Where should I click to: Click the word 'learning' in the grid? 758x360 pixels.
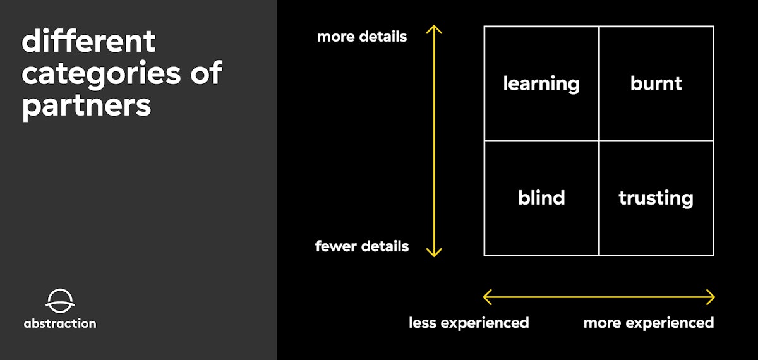coord(541,84)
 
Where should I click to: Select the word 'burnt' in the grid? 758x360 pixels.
coord(656,83)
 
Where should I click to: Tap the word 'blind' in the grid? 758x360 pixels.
coord(541,198)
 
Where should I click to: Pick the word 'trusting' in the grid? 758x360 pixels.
coord(656,198)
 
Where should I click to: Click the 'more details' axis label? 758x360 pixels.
coord(362,37)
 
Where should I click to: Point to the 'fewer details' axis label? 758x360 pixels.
coord(362,246)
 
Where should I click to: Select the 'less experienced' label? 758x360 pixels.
coord(469,323)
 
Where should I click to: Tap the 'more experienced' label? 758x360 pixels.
coord(648,323)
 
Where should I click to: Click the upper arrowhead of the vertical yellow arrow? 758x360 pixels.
coord(433,28)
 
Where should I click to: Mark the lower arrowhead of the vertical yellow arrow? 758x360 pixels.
coord(433,253)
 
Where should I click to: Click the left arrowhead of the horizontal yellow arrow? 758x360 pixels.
coord(487,297)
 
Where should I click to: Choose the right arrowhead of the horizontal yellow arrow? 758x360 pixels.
coord(711,297)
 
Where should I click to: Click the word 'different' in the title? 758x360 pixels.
coord(88,42)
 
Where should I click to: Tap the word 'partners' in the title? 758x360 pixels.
coord(87,105)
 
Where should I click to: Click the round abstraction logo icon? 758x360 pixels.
coord(60,301)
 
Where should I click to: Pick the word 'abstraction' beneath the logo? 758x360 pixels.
coord(60,323)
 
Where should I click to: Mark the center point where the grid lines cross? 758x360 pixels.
coord(599,141)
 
